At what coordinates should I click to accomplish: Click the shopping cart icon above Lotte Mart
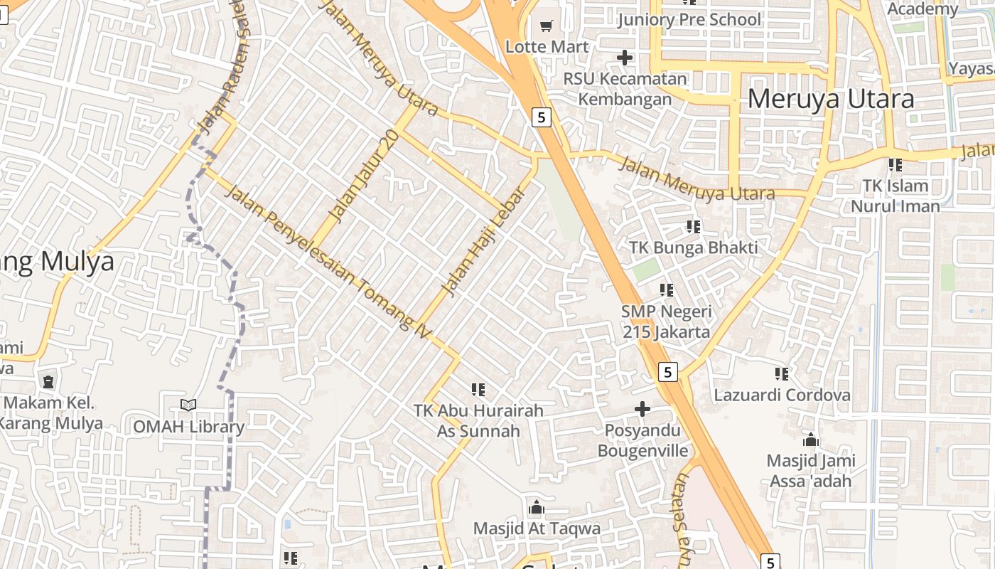coord(546,26)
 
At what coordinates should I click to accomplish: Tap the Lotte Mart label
coord(547,47)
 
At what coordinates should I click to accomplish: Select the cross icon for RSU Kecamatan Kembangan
coord(625,58)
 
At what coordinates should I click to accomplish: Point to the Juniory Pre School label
coord(689,19)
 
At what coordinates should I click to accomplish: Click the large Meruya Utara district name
coord(830,98)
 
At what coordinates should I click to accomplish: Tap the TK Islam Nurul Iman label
coord(895,196)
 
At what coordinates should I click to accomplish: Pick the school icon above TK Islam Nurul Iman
coord(895,165)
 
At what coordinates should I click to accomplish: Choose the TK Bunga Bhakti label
coord(693,248)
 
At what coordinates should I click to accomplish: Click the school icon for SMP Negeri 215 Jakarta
coord(666,289)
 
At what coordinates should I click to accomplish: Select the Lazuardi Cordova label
coord(782,395)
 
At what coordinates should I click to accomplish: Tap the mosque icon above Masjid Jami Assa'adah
coord(810,440)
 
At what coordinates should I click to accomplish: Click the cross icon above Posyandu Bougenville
coord(642,409)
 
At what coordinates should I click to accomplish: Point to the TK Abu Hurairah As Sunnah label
coord(478,420)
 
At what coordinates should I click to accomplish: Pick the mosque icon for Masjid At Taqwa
coord(537,508)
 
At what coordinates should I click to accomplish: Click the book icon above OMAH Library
coord(188,405)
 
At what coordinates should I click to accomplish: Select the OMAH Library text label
coord(189,427)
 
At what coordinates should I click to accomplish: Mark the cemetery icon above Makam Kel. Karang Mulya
coord(48,383)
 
